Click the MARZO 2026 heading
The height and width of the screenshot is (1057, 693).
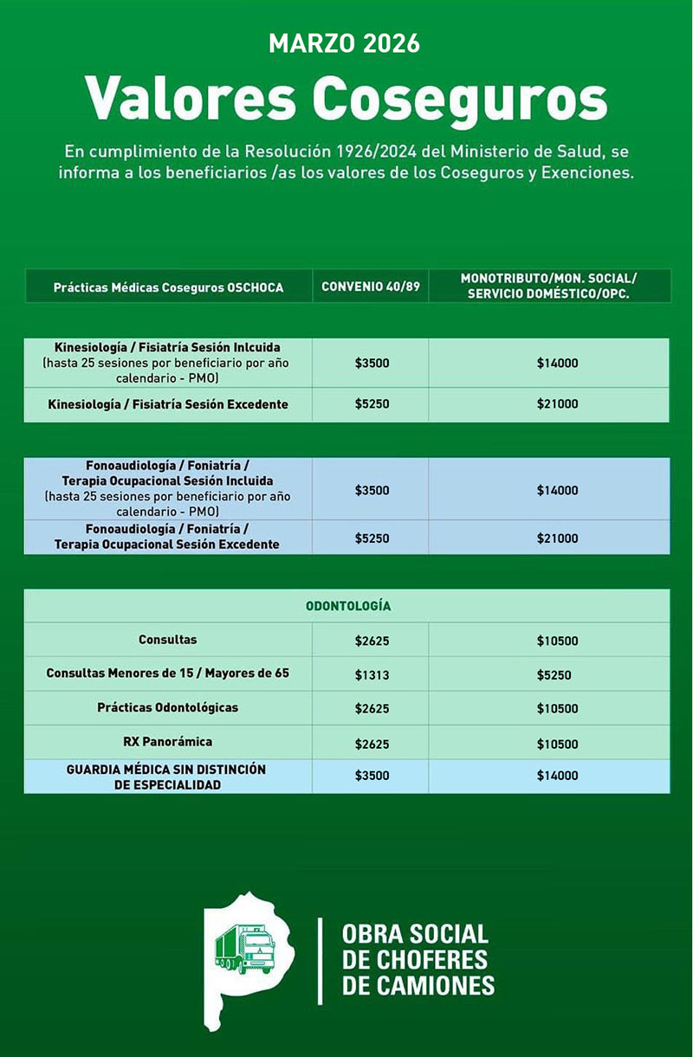[x=345, y=42]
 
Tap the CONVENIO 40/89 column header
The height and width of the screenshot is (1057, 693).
[x=370, y=287]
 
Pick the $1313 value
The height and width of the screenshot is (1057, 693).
[x=372, y=675]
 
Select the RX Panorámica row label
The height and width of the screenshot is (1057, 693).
[x=167, y=742]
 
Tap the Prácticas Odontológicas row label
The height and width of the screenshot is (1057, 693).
[x=167, y=707]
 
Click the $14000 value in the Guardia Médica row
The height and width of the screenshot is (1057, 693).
[x=557, y=776]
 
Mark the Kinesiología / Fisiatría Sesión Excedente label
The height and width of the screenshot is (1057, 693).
[x=168, y=404]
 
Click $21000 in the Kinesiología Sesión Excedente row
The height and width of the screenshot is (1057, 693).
[x=557, y=404]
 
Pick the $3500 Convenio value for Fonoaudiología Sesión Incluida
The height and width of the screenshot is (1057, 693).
[x=372, y=490]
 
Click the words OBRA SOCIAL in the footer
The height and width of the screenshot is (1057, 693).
[x=415, y=935]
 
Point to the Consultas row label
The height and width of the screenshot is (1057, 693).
[x=167, y=640]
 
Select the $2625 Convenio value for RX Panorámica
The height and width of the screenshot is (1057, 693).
[x=372, y=744]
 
